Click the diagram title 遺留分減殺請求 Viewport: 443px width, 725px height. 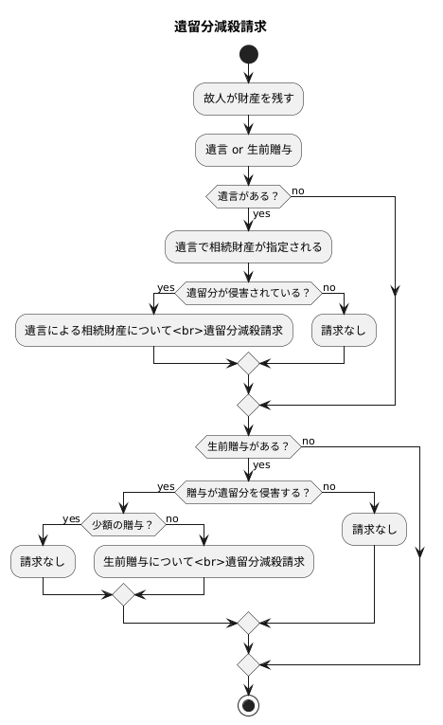(x=221, y=27)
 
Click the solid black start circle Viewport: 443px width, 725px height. (x=248, y=55)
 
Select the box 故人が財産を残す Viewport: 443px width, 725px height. (x=248, y=98)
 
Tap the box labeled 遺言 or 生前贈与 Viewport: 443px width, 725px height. (x=248, y=149)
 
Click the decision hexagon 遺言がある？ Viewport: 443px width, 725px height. (x=248, y=197)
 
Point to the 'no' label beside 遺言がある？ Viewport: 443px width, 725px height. (x=298, y=190)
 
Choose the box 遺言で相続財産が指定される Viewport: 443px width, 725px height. (x=248, y=246)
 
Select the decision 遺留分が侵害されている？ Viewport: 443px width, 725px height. (x=248, y=294)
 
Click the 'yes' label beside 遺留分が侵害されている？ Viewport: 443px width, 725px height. (x=166, y=287)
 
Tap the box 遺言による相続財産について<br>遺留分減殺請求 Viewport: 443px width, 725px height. (x=154, y=331)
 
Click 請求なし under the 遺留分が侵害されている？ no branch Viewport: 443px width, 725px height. (x=344, y=331)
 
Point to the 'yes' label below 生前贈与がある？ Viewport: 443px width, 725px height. (x=261, y=464)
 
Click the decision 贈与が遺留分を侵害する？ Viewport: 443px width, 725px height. (x=248, y=492)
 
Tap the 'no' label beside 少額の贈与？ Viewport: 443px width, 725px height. (x=172, y=518)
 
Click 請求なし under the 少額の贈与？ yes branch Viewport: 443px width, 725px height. (x=44, y=562)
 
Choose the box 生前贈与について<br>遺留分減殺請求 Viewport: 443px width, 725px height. (x=204, y=562)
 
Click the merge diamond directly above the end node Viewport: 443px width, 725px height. (x=248, y=662)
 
